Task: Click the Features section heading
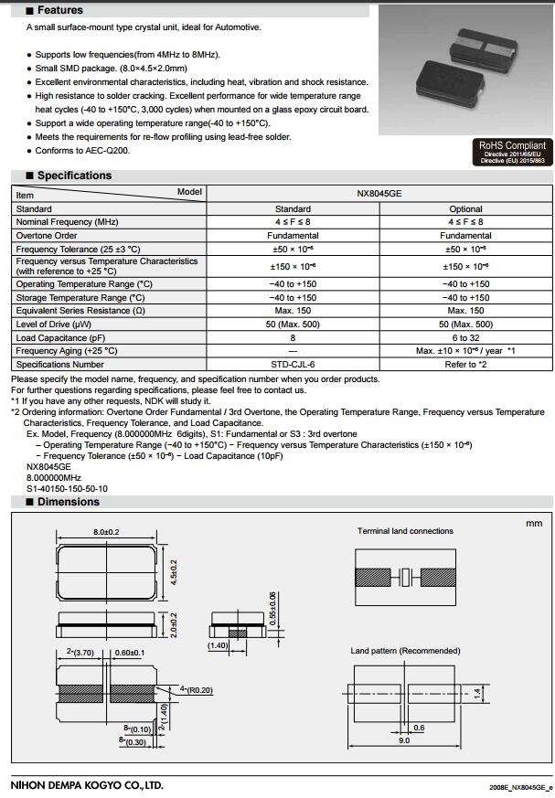(x=59, y=10)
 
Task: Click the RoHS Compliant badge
(x=513, y=152)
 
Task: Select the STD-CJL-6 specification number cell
(x=293, y=364)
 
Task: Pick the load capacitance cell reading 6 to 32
(x=465, y=337)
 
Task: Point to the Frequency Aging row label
(x=67, y=351)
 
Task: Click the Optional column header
(x=465, y=209)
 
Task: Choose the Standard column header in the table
(x=293, y=209)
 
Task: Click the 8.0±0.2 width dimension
(x=106, y=532)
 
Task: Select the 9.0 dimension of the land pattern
(x=404, y=740)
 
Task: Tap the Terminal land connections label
(x=404, y=531)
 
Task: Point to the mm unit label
(x=534, y=523)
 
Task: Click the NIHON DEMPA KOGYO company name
(x=87, y=784)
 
